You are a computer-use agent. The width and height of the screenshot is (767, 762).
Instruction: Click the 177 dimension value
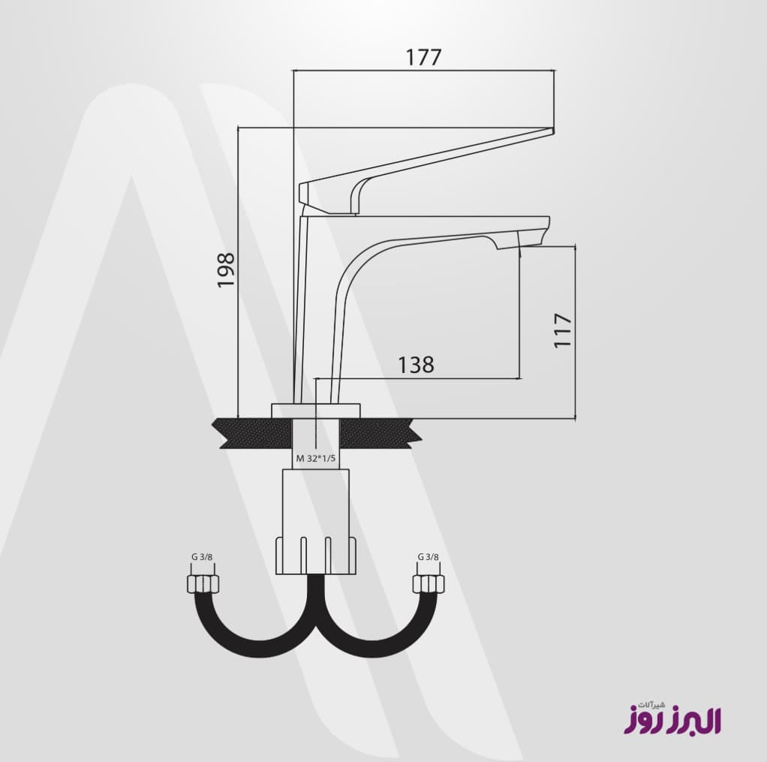click(423, 57)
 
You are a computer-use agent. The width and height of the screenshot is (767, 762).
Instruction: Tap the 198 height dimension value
click(227, 270)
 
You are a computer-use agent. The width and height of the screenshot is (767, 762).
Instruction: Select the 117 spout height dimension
click(563, 330)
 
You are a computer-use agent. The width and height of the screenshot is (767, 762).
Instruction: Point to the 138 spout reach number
click(416, 365)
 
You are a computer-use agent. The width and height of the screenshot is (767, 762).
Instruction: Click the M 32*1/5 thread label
click(316, 459)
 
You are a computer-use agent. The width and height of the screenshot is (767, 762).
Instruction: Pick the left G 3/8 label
click(202, 556)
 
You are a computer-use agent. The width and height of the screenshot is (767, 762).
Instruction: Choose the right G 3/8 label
click(429, 556)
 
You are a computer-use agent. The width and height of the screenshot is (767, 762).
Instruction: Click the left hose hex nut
click(203, 584)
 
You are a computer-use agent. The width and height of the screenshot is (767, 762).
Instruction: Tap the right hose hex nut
click(429, 584)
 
